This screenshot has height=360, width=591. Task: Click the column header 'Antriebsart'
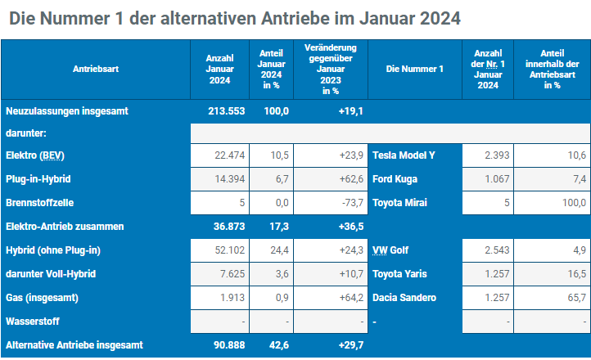96,70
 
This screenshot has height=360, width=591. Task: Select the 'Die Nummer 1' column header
414,70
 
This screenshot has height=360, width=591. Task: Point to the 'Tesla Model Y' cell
404,155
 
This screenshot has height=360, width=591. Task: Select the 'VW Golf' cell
392,249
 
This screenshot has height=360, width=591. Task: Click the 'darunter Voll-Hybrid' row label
47,274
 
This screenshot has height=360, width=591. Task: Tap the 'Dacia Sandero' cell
404,298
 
